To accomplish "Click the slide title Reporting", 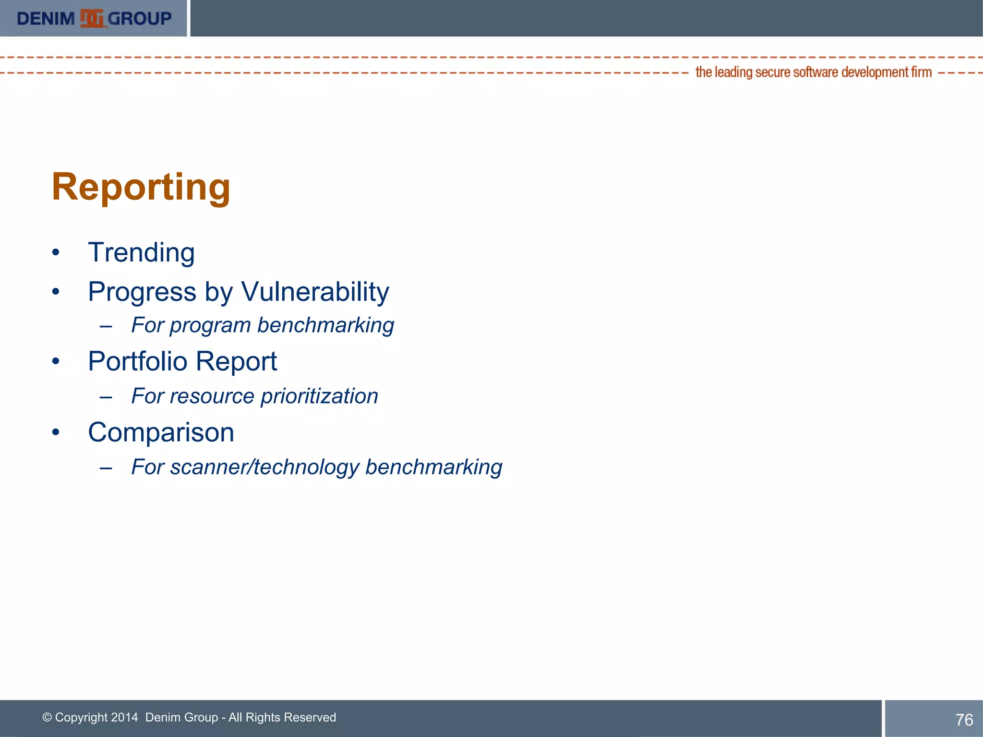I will click(141, 187).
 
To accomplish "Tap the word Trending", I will click(141, 253).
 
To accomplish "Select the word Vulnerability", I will click(315, 292).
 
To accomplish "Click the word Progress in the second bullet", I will click(142, 292).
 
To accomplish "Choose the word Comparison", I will click(161, 433).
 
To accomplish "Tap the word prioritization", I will click(319, 396).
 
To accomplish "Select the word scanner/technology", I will click(264, 467).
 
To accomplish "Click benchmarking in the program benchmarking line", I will click(325, 325).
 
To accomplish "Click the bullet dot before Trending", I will click(56, 253).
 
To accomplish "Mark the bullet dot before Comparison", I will click(56, 432).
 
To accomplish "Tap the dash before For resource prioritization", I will click(106, 398).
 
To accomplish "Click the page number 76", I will click(964, 720).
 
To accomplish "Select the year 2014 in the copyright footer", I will click(124, 717).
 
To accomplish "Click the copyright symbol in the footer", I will click(47, 718).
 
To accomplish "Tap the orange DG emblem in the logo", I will click(92, 19).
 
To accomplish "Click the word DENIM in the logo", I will click(46, 19).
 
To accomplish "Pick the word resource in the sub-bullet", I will click(212, 396).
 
